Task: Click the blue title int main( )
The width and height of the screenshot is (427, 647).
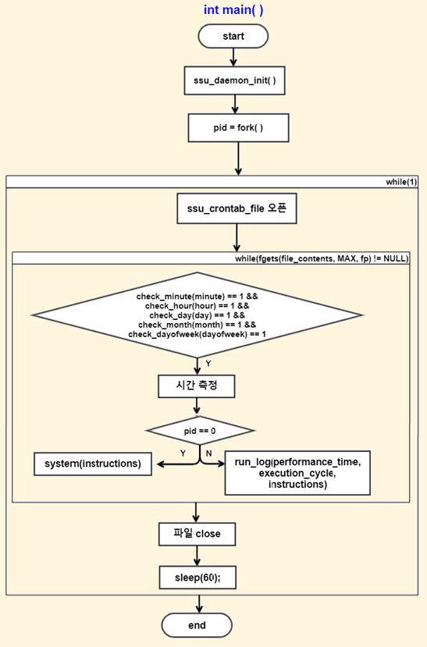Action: [233, 9]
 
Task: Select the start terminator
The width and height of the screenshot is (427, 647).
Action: [233, 37]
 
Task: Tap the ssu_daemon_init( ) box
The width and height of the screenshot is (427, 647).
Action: [234, 80]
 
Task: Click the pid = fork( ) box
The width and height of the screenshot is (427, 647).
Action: [238, 128]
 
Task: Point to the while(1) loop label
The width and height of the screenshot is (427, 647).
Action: [401, 182]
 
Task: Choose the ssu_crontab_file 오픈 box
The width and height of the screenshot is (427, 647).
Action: [237, 209]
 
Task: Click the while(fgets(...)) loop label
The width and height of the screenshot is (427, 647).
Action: [322, 258]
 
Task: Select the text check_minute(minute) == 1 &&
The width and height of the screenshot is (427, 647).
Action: [197, 297]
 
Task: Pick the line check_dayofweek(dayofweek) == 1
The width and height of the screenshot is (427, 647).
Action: [197, 334]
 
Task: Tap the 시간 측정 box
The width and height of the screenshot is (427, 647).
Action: [197, 386]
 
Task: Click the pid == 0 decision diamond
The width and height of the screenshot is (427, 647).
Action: [200, 431]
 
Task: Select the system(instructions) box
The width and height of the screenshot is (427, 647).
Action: [93, 464]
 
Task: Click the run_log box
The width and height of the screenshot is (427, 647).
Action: [297, 473]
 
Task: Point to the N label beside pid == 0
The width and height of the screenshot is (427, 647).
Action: [208, 453]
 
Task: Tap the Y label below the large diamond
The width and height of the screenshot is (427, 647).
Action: [208, 364]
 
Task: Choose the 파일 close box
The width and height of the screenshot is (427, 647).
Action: [197, 535]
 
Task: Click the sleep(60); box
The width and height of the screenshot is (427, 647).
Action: [197, 578]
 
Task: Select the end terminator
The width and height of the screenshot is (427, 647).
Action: [197, 625]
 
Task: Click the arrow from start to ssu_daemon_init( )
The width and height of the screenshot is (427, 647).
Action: [233, 57]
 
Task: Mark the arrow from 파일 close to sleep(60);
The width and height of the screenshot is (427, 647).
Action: [197, 556]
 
